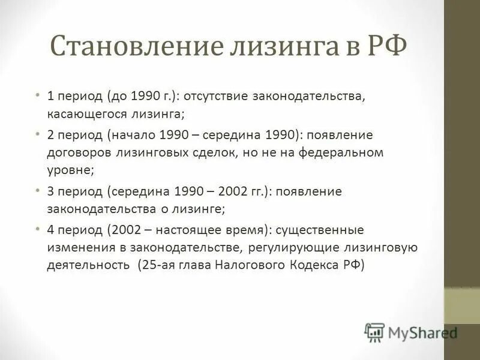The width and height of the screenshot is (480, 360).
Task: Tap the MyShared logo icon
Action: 374,331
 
